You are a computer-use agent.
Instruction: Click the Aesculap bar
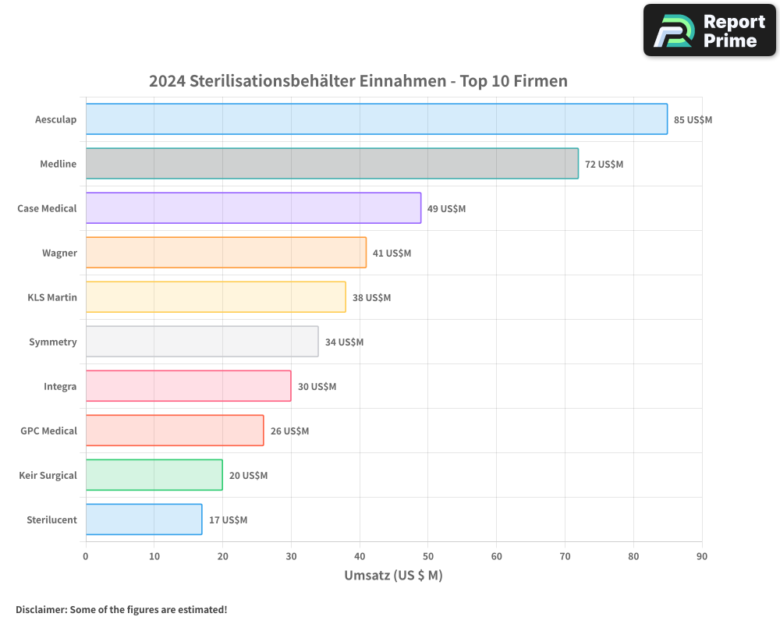pyautogui.click(x=376, y=119)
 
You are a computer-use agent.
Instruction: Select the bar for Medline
pyautogui.click(x=331, y=164)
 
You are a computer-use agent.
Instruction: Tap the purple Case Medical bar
pyautogui.click(x=253, y=208)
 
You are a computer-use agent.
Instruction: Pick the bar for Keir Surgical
pyautogui.click(x=154, y=475)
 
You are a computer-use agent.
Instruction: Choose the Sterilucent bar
pyautogui.click(x=144, y=519)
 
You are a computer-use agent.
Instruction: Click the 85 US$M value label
pyautogui.click(x=693, y=120)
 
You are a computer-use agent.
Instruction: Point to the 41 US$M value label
pyautogui.click(x=392, y=253)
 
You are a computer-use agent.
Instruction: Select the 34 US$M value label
pyautogui.click(x=344, y=342)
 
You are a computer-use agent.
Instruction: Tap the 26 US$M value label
pyautogui.click(x=289, y=431)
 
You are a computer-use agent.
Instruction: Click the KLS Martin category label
pyautogui.click(x=52, y=297)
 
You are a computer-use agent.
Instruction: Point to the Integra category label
pyautogui.click(x=60, y=386)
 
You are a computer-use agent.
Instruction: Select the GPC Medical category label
pyautogui.click(x=48, y=431)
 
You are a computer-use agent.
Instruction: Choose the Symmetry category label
pyautogui.click(x=53, y=342)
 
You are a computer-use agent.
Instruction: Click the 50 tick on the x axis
pyautogui.click(x=428, y=556)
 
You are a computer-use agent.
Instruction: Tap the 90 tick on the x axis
pyautogui.click(x=702, y=556)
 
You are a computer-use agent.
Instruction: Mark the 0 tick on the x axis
pyautogui.click(x=86, y=556)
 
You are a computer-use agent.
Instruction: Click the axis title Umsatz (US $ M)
pyautogui.click(x=393, y=576)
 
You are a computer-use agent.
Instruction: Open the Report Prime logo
pyautogui.click(x=709, y=30)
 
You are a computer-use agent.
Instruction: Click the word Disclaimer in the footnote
pyautogui.click(x=41, y=609)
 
